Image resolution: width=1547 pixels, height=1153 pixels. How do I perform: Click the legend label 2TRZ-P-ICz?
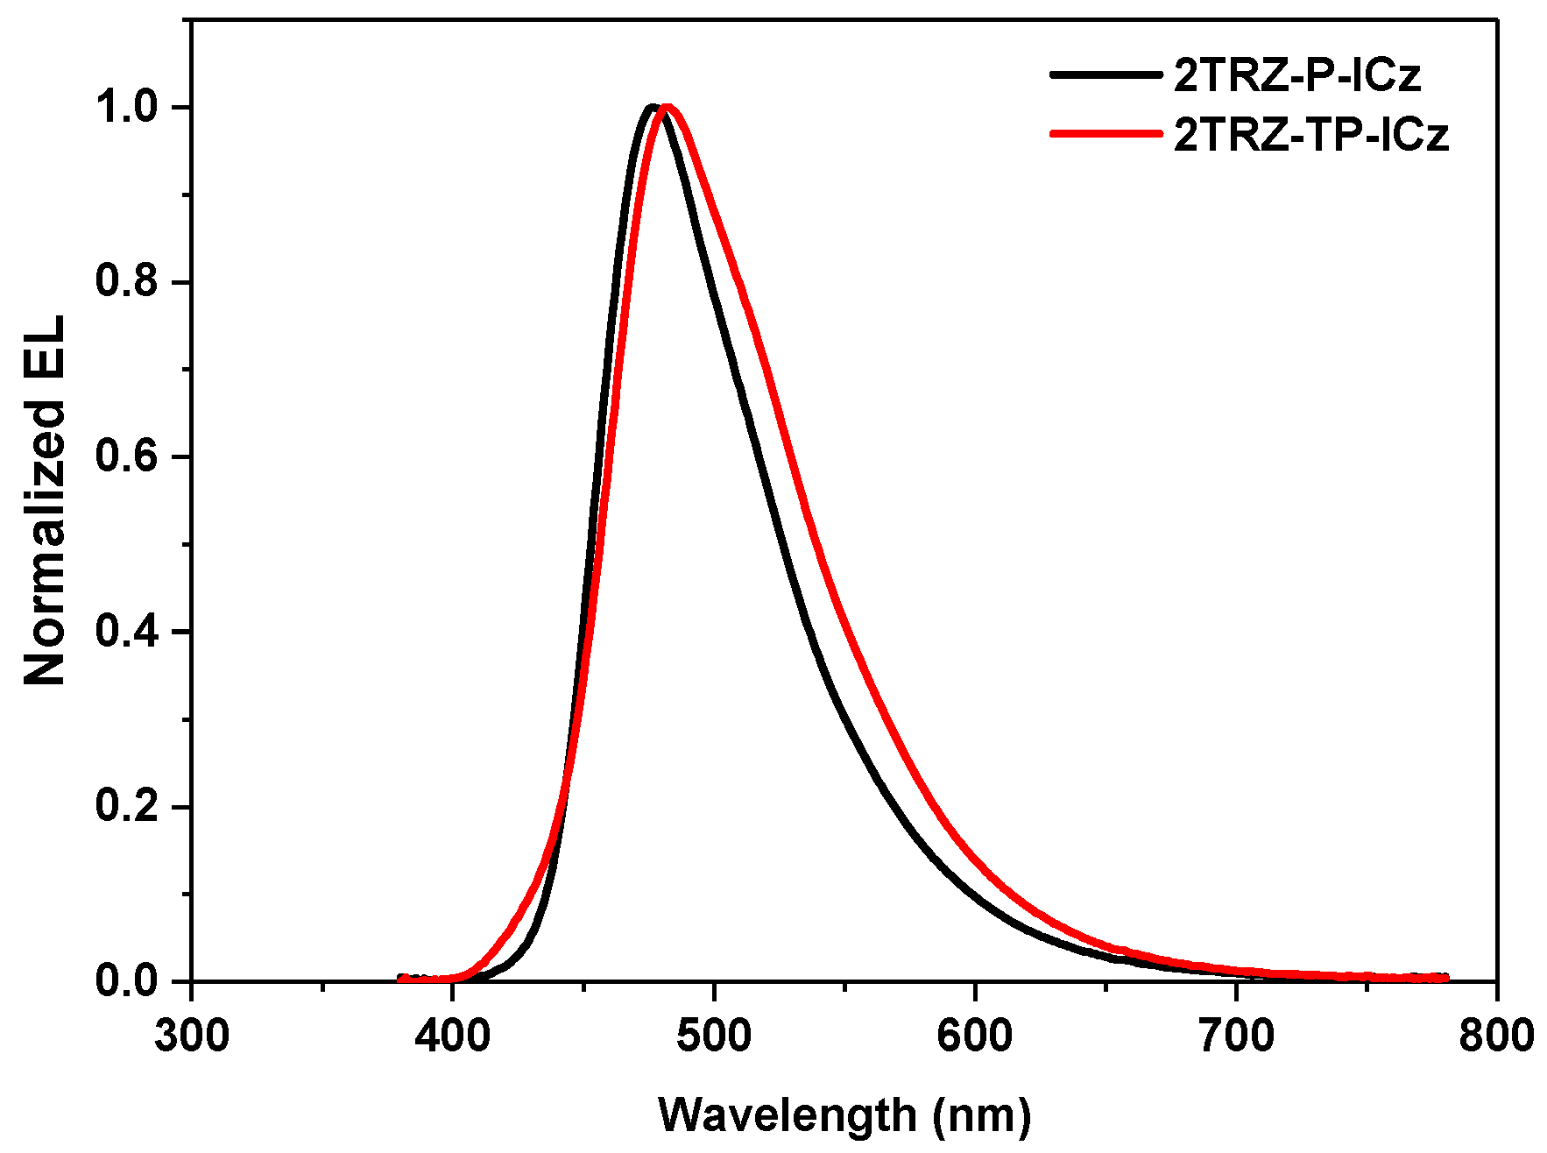tap(1296, 76)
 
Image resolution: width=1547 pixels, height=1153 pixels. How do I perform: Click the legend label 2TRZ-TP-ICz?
tap(1311, 135)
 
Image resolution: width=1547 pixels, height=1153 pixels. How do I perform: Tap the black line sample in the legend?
tap(1106, 75)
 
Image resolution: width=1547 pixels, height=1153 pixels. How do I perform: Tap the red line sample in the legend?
tap(1106, 133)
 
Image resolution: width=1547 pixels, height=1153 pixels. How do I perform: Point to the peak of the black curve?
tap(652, 107)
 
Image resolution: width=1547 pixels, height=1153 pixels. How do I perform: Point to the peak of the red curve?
tap(668, 107)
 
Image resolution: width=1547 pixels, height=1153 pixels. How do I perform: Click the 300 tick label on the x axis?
tap(192, 1036)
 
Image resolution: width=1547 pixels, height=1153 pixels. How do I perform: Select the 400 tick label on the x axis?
tap(453, 1036)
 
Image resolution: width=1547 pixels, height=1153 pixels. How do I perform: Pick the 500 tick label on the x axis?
tap(714, 1036)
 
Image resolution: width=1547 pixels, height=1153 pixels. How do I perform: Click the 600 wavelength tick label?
tap(975, 1036)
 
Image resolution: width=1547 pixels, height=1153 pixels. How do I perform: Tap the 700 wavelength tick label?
tap(1236, 1036)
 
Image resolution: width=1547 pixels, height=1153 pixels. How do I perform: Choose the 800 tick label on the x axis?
tap(1496, 1036)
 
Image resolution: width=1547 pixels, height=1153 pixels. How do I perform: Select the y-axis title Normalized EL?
tap(46, 501)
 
